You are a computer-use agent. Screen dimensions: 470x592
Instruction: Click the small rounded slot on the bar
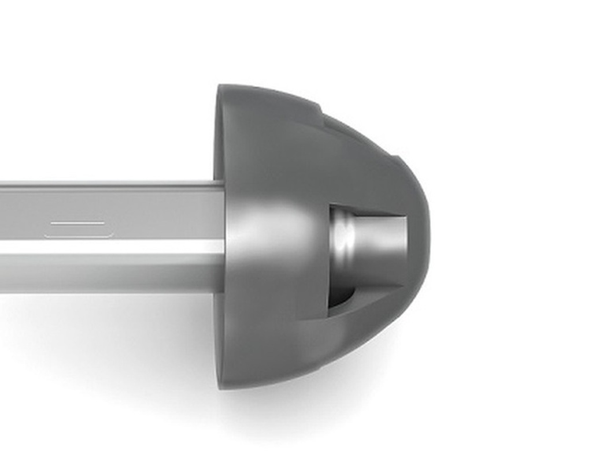point(77,229)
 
